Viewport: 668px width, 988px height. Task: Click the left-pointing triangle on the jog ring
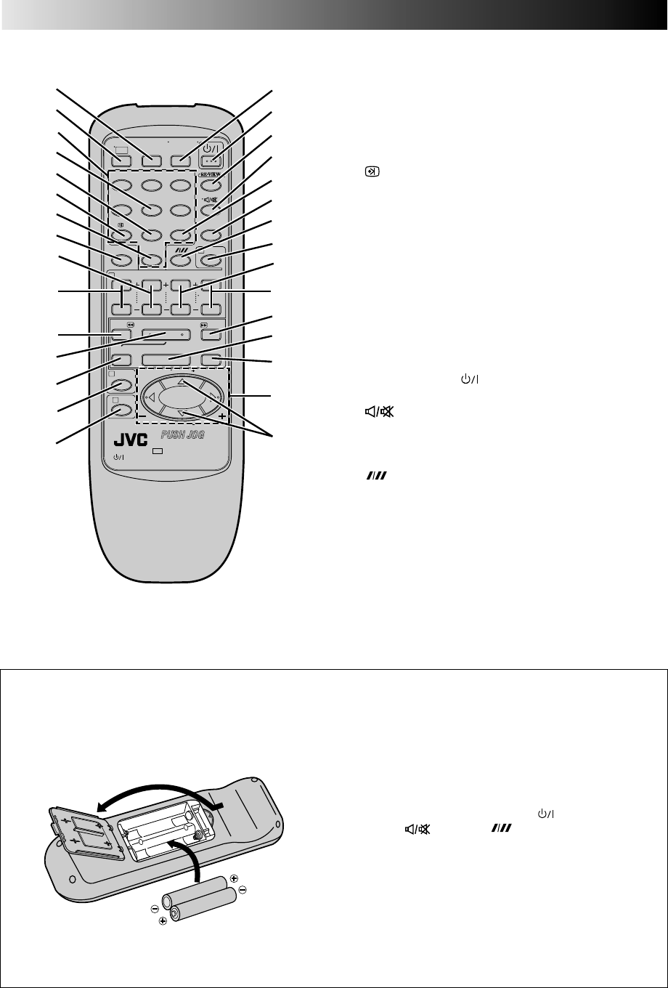tap(152, 397)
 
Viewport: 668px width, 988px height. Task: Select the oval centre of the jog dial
tap(182, 398)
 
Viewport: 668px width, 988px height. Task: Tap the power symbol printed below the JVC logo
tap(120, 458)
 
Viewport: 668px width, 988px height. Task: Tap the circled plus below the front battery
tap(163, 920)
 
